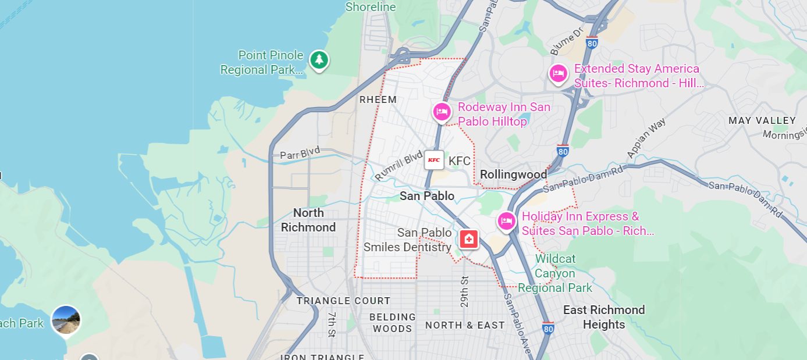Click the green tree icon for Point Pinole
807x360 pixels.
click(x=318, y=59)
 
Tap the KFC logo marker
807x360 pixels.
click(x=433, y=160)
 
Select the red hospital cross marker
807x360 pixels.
click(x=468, y=238)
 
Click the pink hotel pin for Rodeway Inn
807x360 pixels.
click(x=441, y=111)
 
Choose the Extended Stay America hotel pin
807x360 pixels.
click(x=558, y=73)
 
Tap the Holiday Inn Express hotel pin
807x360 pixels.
click(x=506, y=221)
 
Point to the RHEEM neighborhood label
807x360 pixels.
click(x=378, y=100)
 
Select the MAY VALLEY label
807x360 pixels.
click(x=762, y=121)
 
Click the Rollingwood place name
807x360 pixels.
click(x=513, y=174)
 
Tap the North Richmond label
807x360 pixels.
click(x=308, y=220)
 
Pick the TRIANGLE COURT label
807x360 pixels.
click(x=343, y=301)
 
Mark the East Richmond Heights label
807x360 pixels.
click(x=604, y=317)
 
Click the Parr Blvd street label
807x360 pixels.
click(x=300, y=155)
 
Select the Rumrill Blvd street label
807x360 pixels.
click(x=399, y=166)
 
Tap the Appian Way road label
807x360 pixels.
click(x=646, y=138)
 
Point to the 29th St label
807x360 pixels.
click(x=464, y=291)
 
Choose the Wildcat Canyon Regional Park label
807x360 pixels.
click(x=555, y=273)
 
